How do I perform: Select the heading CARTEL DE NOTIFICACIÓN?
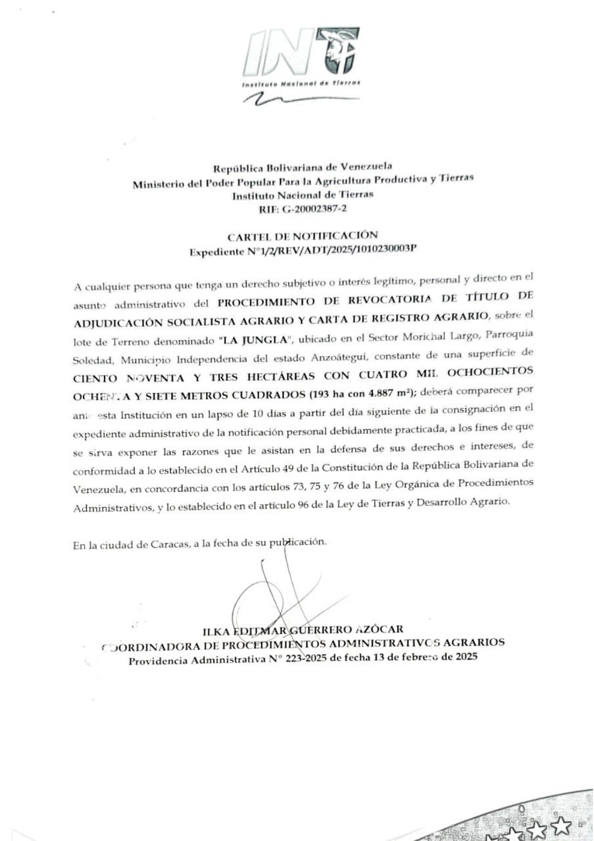click(303, 235)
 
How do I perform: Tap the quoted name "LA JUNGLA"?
click(255, 341)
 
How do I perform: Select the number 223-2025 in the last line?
click(306, 658)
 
